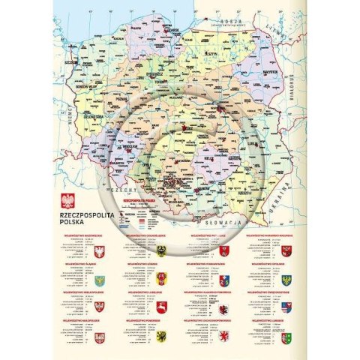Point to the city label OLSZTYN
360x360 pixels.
(x=211, y=54)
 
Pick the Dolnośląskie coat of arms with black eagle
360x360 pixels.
(x=161, y=250)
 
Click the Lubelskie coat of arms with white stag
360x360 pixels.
(x=161, y=307)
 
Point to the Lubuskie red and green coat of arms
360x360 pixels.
(x=286, y=339)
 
